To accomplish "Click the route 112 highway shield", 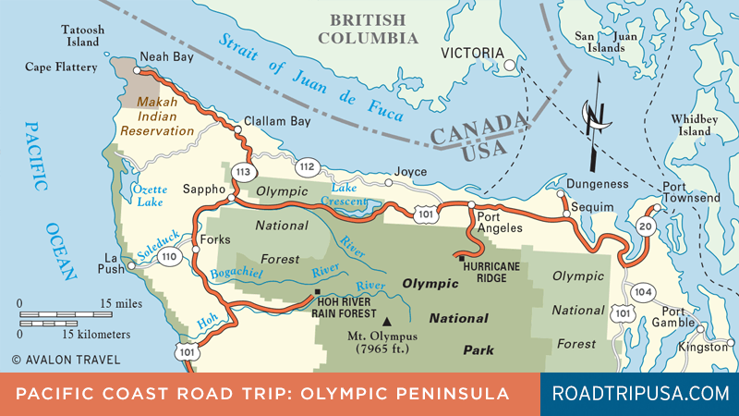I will click(307, 166).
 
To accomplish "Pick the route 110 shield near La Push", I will click(168, 257).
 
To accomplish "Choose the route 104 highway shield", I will click(644, 293).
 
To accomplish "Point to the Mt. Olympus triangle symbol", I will click(374, 321).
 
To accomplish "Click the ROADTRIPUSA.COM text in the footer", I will click(639, 393).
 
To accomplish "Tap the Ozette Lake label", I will click(150, 194).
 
